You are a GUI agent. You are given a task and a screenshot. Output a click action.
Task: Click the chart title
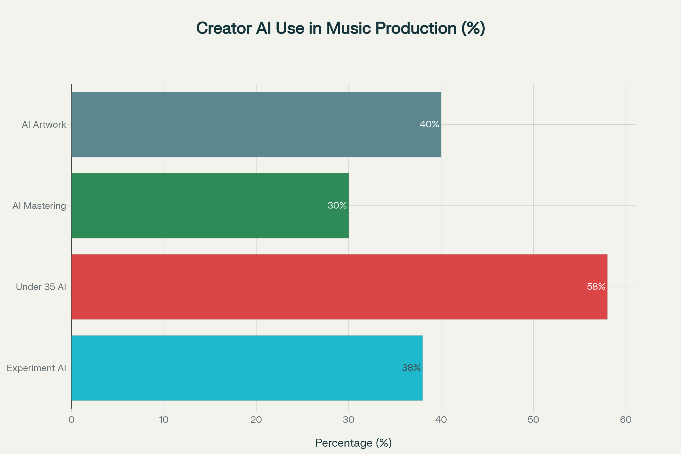click(340, 28)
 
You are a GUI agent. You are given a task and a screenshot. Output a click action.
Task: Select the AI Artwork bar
click(256, 125)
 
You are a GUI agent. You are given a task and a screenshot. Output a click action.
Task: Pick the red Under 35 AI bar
click(339, 287)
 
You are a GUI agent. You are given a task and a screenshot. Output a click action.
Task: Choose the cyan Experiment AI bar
click(247, 368)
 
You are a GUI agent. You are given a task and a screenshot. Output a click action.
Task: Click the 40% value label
click(429, 125)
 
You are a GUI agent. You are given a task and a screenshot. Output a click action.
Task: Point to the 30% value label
click(337, 205)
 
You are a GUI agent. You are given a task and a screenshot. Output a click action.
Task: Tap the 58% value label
click(596, 287)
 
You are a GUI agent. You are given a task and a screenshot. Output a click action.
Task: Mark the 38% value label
click(411, 368)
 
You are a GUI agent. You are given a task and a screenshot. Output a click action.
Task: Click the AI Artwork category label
click(44, 125)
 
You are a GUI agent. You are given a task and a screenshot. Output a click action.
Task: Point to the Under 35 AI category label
click(41, 287)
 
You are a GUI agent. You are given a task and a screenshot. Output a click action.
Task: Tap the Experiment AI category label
click(37, 368)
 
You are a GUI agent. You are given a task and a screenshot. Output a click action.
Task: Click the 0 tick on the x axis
click(72, 420)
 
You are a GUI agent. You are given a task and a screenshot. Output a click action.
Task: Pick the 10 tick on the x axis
click(164, 420)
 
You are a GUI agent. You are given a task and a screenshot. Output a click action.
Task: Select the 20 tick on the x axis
click(256, 420)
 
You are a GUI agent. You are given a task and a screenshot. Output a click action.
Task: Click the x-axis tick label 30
click(349, 420)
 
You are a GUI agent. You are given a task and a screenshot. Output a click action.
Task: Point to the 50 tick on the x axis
click(533, 420)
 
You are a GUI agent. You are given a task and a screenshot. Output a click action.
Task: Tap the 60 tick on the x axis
click(626, 420)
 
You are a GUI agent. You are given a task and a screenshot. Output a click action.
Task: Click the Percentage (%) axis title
click(353, 443)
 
